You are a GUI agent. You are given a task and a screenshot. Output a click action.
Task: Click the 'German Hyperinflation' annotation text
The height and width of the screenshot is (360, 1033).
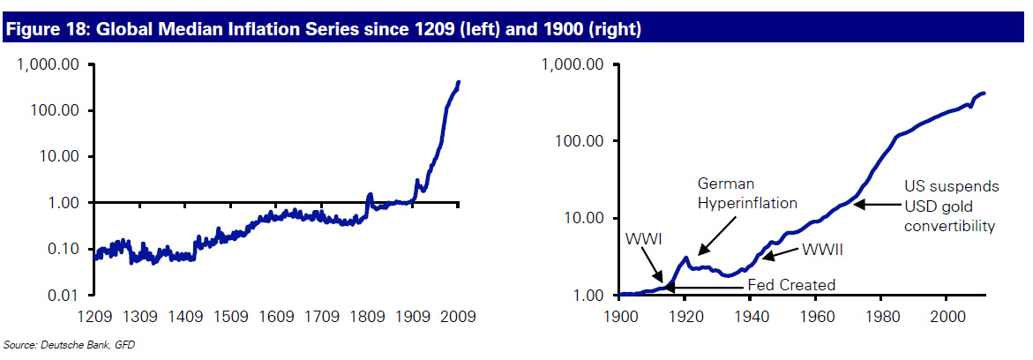747,193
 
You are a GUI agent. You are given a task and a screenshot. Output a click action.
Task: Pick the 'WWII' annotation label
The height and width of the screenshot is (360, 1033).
822,250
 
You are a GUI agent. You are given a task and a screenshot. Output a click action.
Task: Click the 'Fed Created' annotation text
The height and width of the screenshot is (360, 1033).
790,284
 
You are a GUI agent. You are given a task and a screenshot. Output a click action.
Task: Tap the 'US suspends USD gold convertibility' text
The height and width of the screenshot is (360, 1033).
952,206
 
